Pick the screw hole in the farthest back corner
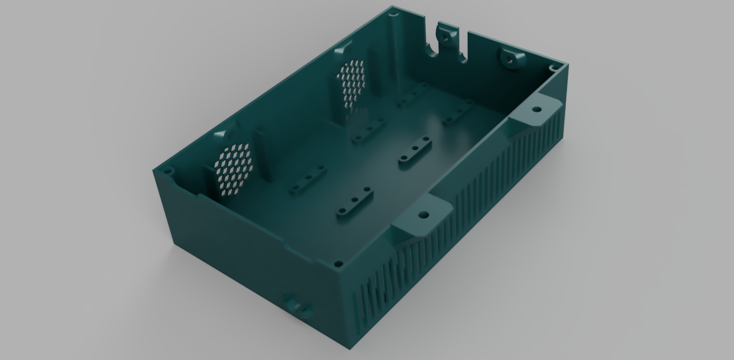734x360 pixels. tap(391, 15)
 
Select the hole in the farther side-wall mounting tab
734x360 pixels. tap(537, 110)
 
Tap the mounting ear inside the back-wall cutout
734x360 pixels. tap(446, 38)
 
